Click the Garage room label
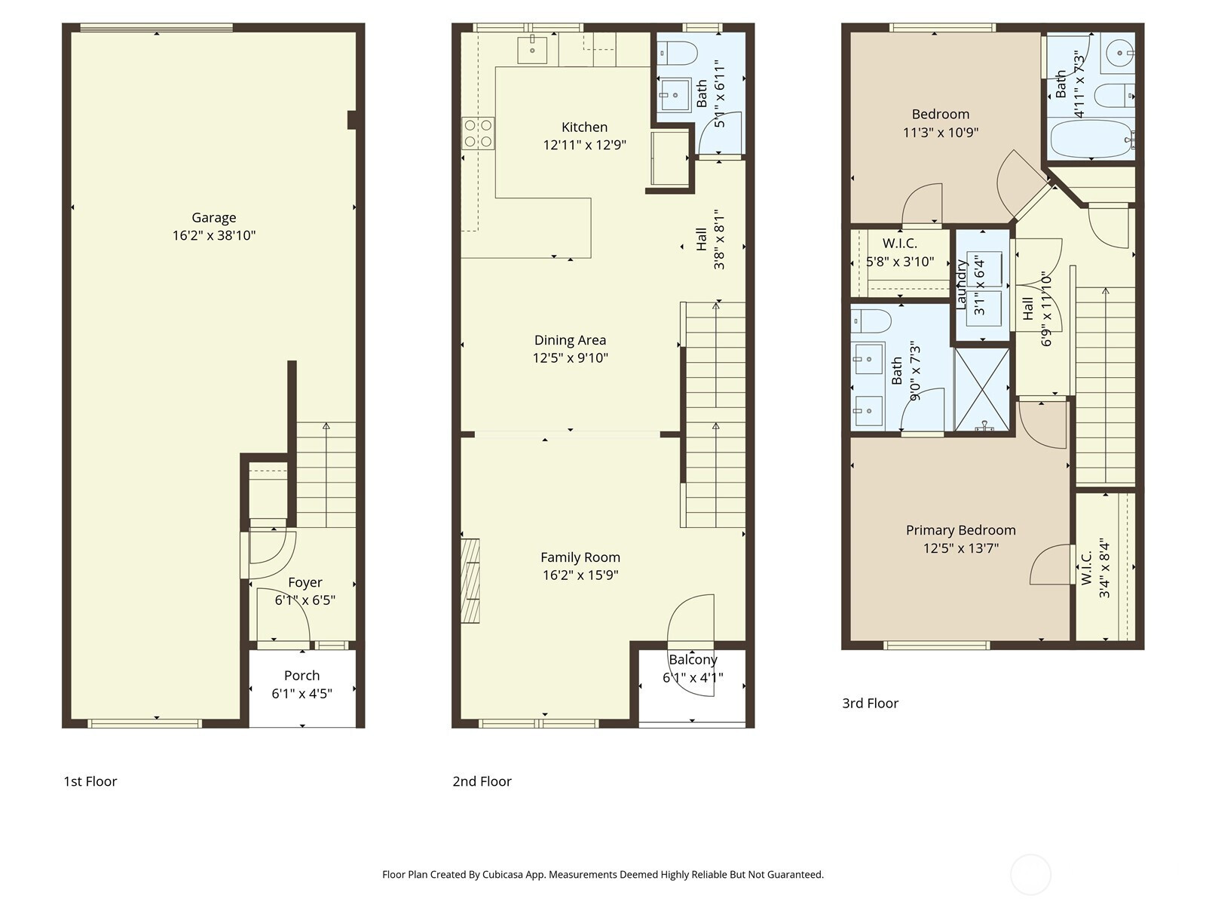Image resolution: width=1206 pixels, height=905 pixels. point(214,218)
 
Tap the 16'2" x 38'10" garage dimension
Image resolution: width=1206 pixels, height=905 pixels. point(214,236)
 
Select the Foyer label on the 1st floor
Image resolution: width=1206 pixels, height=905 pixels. point(305,582)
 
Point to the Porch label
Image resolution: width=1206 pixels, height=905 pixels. point(301,675)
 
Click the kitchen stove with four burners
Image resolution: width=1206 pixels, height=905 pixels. point(478,133)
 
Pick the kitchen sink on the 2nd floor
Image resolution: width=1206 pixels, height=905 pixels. point(532,50)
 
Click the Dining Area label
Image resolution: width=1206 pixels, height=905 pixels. point(571,340)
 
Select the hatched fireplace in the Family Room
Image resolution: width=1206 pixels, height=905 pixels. point(470,581)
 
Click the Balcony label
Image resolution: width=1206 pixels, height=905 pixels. point(693,659)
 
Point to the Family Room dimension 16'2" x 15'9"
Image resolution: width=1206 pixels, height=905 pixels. point(580,575)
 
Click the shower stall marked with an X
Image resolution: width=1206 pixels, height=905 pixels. point(983,390)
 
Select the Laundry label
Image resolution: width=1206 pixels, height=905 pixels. point(961,284)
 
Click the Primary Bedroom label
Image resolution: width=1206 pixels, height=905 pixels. point(960,530)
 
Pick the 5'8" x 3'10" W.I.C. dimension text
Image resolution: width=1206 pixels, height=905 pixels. point(900,262)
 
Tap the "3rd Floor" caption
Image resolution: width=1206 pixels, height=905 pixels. point(871,704)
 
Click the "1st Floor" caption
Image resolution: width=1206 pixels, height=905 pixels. point(90,781)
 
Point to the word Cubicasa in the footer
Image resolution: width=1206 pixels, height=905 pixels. point(503,874)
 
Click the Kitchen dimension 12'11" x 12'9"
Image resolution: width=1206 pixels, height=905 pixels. point(585,145)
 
